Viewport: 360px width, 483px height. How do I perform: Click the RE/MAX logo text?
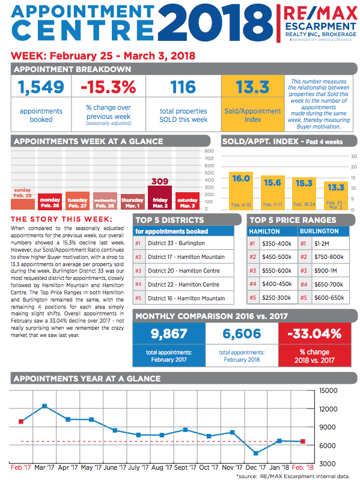[320, 14]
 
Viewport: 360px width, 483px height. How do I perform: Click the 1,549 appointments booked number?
[41, 87]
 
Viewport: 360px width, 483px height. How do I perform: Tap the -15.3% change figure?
[108, 87]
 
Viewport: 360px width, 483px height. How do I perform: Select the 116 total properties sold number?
[183, 87]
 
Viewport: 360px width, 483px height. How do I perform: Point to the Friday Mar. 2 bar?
[160, 198]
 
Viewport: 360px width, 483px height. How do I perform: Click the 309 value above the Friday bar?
[160, 181]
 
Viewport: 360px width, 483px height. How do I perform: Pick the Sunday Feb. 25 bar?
[22, 204]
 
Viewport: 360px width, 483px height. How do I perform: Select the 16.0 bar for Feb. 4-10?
[241, 191]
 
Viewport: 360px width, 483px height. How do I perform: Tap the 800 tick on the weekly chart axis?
[209, 151]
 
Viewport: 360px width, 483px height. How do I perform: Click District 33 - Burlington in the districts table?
[176, 243]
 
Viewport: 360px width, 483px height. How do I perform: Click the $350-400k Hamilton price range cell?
[276, 244]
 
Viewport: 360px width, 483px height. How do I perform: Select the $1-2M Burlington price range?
[322, 244]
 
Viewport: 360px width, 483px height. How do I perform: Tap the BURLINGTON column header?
[319, 231]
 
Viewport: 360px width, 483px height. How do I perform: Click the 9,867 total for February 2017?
[169, 333]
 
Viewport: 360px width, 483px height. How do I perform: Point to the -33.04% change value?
[315, 333]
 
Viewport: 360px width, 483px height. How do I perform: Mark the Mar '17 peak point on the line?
[44, 406]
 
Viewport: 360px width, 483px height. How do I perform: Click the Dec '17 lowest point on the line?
[256, 453]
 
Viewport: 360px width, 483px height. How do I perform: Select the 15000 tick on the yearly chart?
[328, 390]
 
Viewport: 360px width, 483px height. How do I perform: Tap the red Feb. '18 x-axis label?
[302, 467]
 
